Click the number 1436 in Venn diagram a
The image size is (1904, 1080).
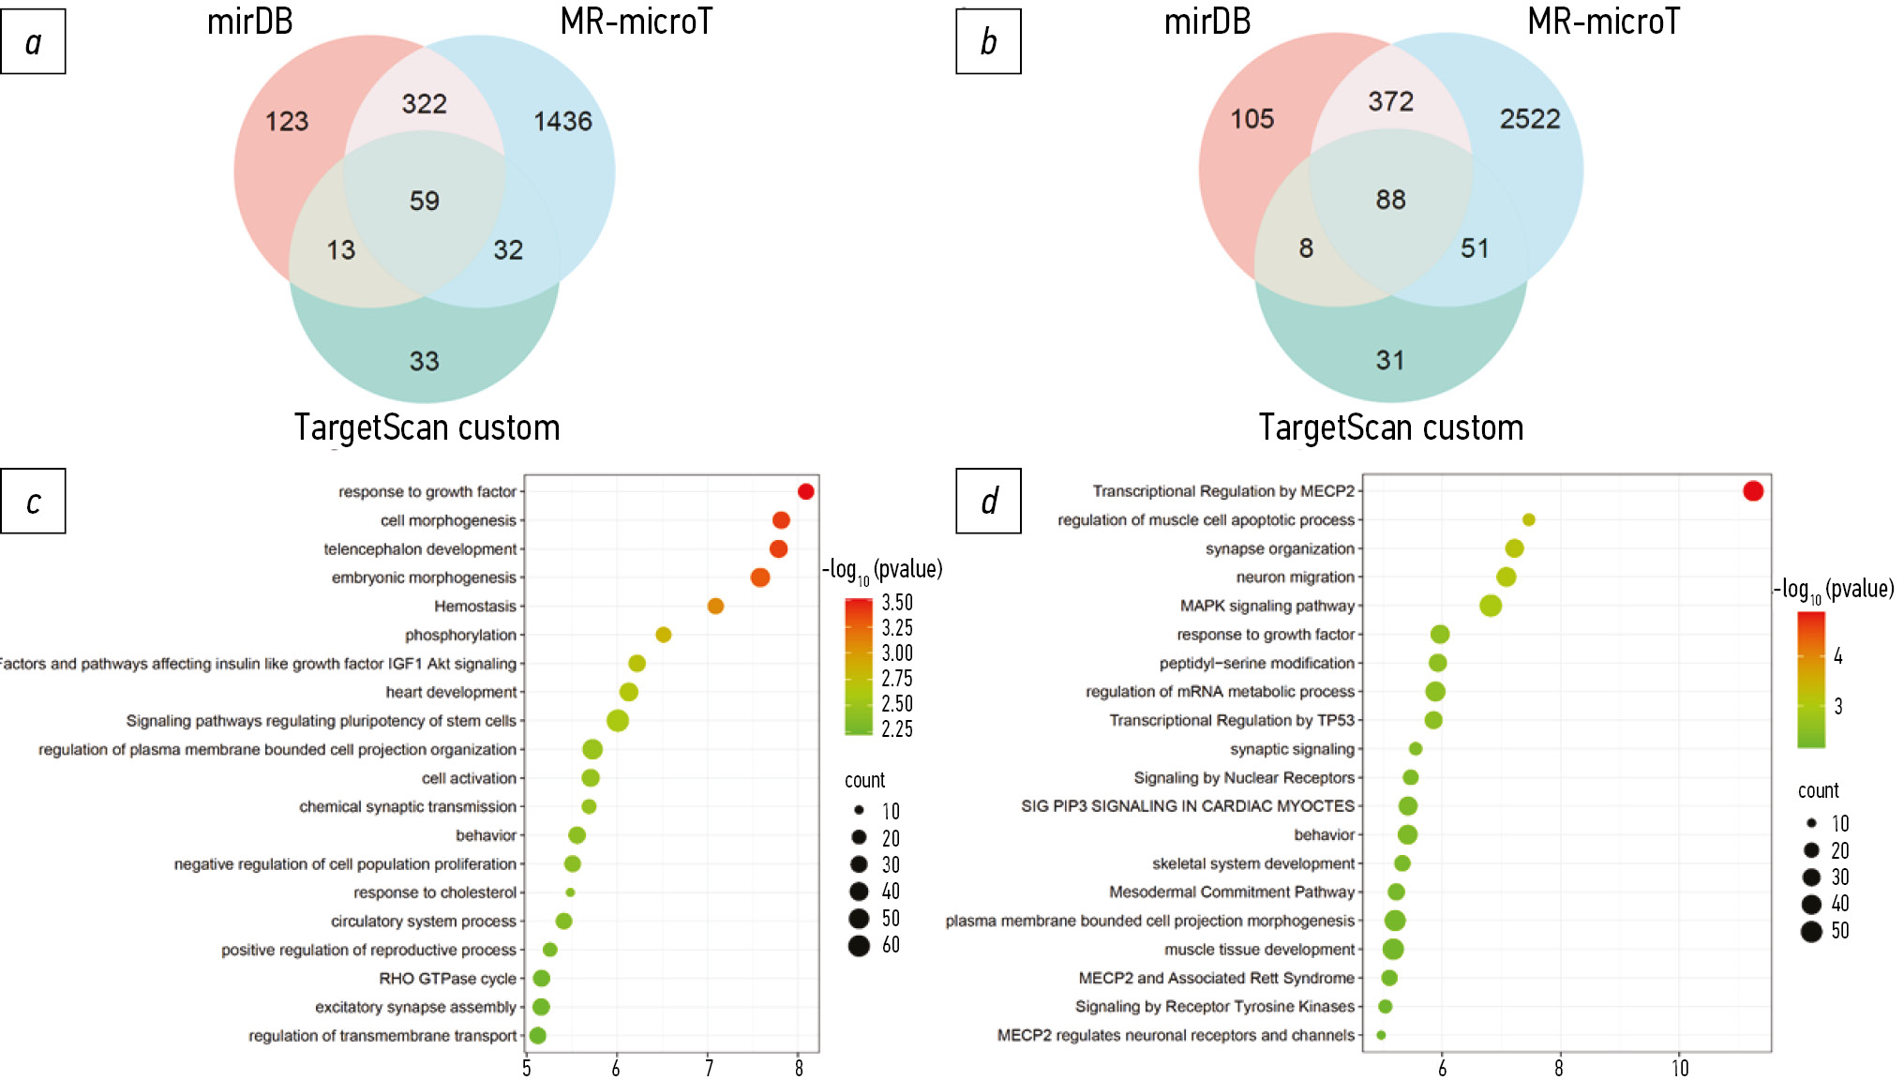[562, 121]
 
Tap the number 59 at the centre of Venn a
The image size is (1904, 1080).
[424, 201]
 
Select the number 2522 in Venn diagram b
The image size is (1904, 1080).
[1530, 119]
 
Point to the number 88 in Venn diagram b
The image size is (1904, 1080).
[1390, 200]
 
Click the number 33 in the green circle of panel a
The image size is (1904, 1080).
[424, 361]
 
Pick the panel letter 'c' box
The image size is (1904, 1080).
[34, 502]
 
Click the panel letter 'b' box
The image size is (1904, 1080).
[988, 42]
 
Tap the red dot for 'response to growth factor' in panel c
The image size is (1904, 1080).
[805, 491]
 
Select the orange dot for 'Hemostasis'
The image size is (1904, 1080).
[715, 607]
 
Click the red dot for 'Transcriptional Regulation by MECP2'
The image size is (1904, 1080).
[1753, 491]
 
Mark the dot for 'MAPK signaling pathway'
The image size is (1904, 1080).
[1491, 606]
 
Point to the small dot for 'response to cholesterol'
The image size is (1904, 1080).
[570, 892]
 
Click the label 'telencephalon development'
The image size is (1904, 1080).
[420, 549]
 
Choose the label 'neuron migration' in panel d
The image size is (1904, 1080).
[1295, 577]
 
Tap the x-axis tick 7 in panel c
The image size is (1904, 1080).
[709, 1068]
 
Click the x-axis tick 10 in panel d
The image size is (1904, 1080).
[1680, 1068]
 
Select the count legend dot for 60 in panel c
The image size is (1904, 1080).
[859, 945]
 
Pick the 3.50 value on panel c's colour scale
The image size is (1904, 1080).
[896, 603]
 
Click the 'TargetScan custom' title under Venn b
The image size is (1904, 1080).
[1390, 427]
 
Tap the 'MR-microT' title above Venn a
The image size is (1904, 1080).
[636, 22]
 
